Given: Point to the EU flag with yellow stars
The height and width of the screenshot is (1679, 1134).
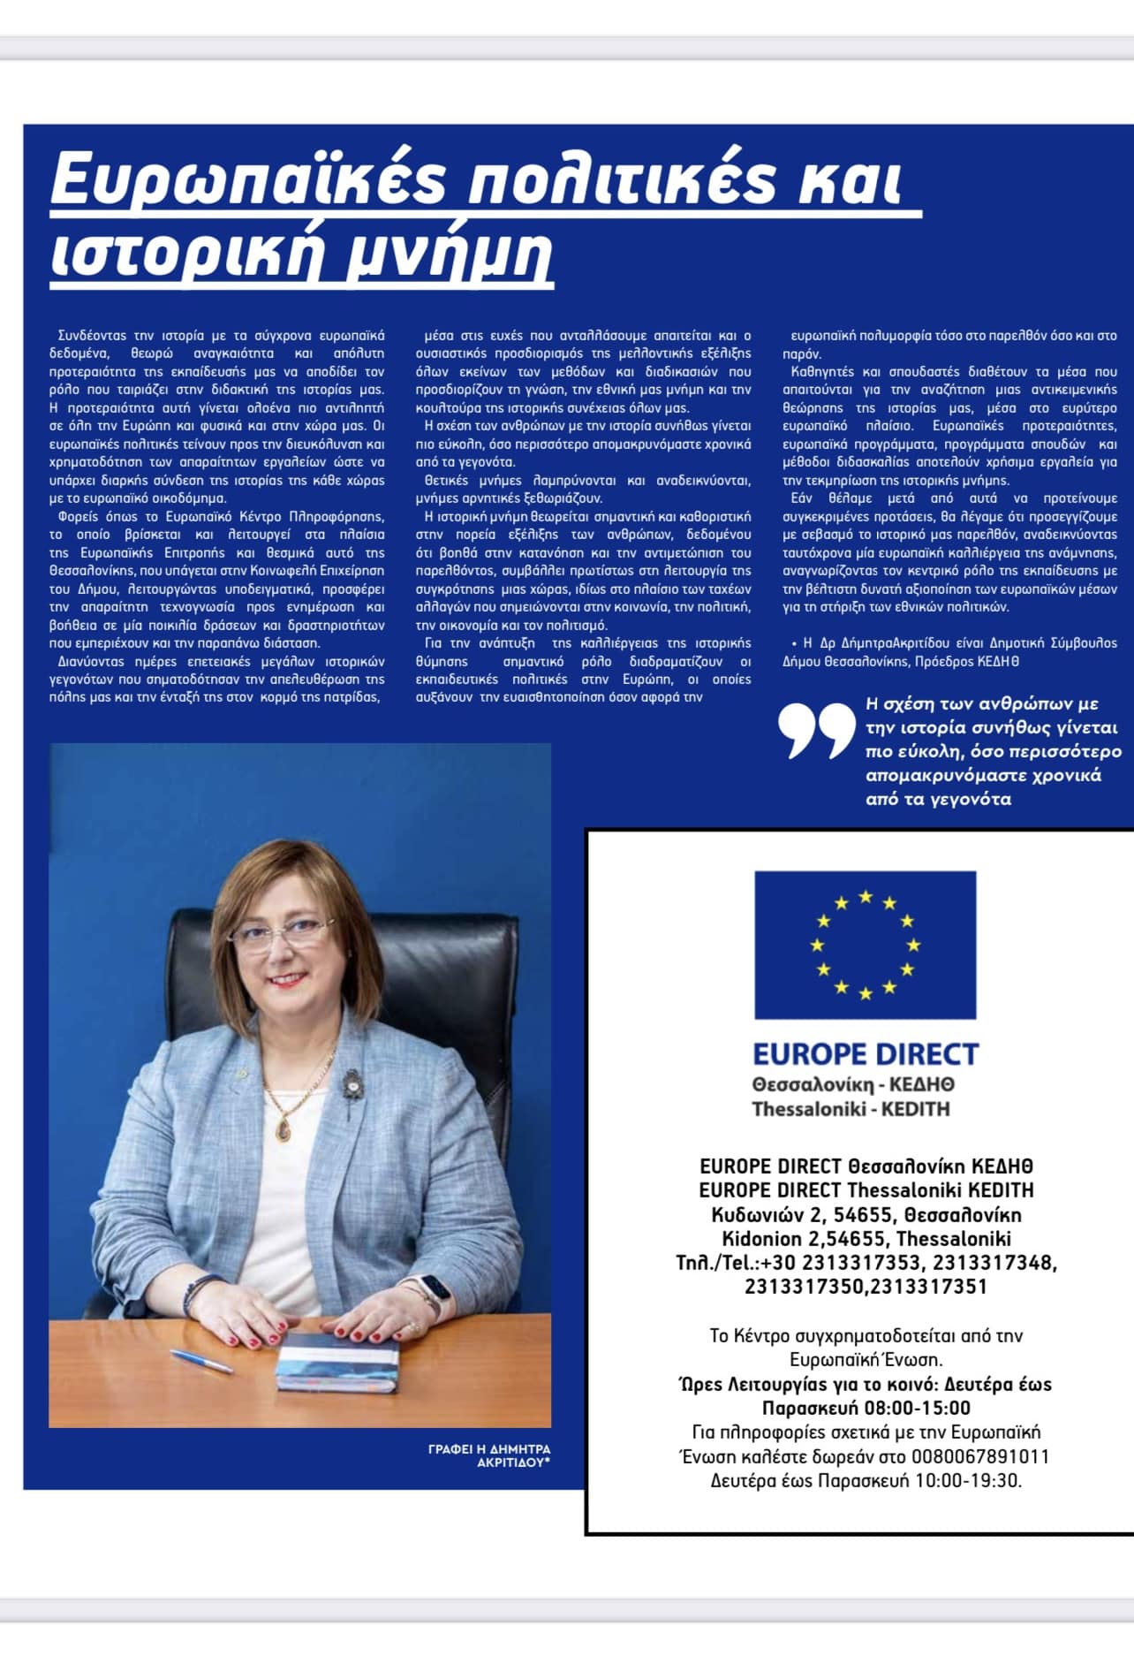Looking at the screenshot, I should (865, 945).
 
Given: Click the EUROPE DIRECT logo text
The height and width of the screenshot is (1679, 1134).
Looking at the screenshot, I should (865, 1054).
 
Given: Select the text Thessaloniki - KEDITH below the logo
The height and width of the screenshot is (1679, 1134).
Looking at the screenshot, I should (850, 1108).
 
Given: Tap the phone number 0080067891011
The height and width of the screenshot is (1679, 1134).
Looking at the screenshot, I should (980, 1456).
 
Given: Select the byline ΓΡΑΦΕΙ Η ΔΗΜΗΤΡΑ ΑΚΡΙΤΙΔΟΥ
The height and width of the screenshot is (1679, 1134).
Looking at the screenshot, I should (488, 1455).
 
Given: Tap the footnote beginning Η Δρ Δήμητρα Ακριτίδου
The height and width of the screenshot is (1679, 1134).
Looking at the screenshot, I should (949, 651).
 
